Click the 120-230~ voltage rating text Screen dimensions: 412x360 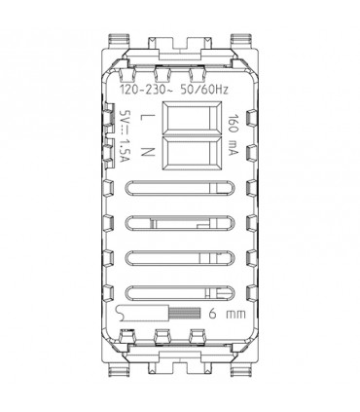point(145,90)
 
